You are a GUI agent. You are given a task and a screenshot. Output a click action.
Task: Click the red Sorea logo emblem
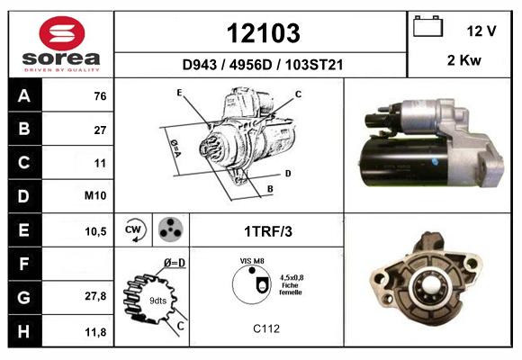coord(62,33)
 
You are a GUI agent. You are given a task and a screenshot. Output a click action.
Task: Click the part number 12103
coord(264,33)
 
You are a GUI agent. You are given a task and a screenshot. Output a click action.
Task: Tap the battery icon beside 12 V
coord(427,26)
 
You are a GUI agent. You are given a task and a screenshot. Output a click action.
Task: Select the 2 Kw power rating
coord(464,60)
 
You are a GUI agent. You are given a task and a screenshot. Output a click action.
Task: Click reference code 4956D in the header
coord(250,65)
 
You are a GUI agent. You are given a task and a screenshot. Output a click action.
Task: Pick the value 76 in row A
coord(100,96)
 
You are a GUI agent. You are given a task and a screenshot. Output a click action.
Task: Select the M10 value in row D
coord(95,195)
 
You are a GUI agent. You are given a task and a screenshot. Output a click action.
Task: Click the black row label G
coord(24,297)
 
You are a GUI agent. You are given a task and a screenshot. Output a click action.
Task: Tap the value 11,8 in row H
coord(95,332)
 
